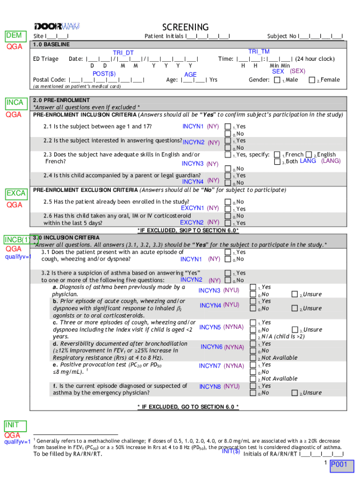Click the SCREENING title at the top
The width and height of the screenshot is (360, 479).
[x=185, y=27]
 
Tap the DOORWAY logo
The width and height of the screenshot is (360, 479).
[x=57, y=25]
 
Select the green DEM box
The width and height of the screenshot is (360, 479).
[x=14, y=36]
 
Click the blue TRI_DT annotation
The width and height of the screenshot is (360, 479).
[x=123, y=53]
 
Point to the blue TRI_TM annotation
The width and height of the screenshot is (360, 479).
[x=259, y=51]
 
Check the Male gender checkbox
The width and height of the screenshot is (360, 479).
[x=277, y=80]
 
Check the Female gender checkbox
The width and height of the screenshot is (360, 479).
[x=312, y=80]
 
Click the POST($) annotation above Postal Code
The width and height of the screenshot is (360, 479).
[x=104, y=73]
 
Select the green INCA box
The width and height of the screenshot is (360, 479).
[x=15, y=103]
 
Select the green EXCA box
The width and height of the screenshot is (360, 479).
[x=16, y=194]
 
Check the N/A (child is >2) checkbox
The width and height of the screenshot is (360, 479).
[x=253, y=337]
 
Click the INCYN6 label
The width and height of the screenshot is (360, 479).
[x=211, y=347]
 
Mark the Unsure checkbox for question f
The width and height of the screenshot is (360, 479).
[x=295, y=393]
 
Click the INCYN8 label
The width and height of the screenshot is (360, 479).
[x=210, y=386]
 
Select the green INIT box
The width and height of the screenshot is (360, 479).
[x=12, y=425]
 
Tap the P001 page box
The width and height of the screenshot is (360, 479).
[x=339, y=464]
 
